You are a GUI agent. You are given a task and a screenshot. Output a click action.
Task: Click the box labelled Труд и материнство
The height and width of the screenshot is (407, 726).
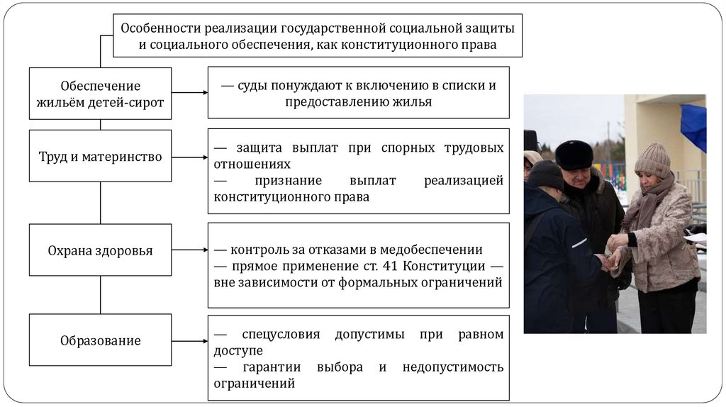pos(100,156)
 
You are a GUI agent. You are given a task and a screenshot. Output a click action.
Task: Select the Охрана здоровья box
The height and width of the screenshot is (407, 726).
pos(100,250)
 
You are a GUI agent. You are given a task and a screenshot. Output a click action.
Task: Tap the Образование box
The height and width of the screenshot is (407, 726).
pos(100,340)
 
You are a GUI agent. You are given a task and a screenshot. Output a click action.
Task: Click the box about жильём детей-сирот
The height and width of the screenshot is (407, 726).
pos(100,94)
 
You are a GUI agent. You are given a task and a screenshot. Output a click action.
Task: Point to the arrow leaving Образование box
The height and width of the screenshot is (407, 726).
pos(189,341)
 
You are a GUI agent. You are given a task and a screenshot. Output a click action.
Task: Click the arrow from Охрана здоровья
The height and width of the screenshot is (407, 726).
pos(189,250)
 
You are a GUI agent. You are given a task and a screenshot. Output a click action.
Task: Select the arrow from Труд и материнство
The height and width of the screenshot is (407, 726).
pos(189,157)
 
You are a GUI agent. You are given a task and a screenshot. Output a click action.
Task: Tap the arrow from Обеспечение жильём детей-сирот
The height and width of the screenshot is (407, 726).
pos(189,92)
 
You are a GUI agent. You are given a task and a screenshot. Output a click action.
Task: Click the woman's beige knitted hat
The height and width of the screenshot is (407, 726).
pos(652,160)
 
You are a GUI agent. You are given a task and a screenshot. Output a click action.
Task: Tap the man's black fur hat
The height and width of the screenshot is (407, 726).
pos(574,153)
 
